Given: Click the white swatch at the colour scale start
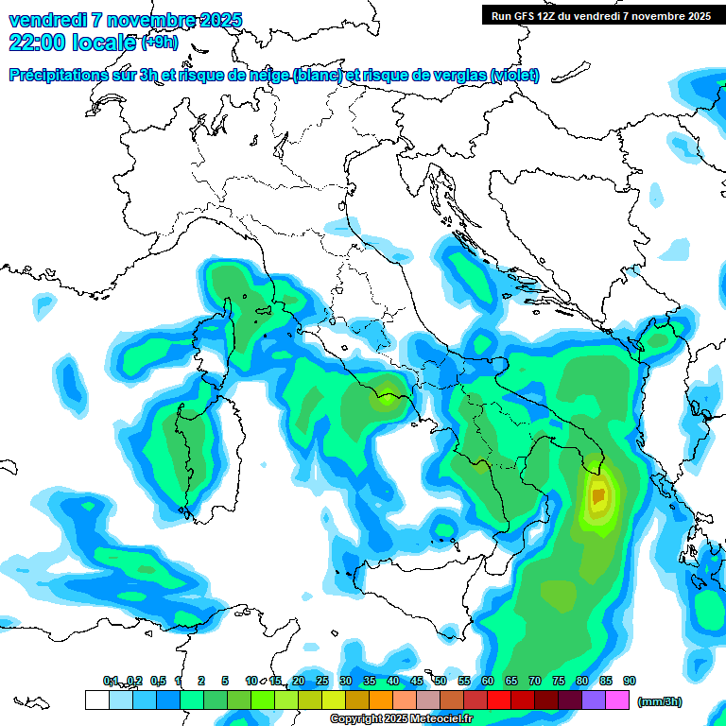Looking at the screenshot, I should coord(96,700).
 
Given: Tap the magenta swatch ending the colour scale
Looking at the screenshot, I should coord(617,700).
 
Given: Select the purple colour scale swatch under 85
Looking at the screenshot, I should coord(594,700).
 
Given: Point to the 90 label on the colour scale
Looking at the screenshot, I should coord(630,682).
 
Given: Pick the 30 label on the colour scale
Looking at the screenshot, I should coord(345,682).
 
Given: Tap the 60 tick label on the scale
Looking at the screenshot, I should coord(487,682).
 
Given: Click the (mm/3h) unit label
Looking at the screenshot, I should coord(659,701).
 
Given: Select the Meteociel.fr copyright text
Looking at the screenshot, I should coord(400,719).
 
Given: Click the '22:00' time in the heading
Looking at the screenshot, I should coord(35,42).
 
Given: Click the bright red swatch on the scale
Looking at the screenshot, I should coord(498,700).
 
